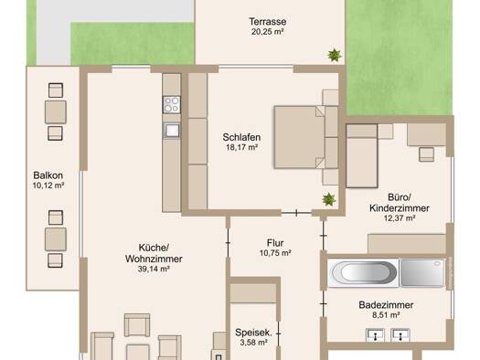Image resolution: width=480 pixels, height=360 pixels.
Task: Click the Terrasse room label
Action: click(x=268, y=22)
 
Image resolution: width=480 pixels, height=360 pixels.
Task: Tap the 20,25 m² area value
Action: click(x=267, y=32)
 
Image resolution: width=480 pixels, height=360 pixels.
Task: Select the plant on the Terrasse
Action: click(x=335, y=56)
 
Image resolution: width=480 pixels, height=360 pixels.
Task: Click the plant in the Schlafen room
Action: click(x=329, y=199)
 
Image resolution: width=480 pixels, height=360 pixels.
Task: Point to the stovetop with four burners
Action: click(x=172, y=104)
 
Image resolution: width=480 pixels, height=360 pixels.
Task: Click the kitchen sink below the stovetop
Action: click(x=172, y=131)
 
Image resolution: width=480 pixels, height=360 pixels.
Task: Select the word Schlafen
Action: click(x=241, y=137)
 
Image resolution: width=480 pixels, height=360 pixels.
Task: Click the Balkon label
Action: click(x=48, y=175)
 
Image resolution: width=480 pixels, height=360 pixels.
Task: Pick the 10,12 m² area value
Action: click(x=48, y=185)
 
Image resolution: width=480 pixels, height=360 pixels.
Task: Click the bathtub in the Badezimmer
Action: click(x=363, y=273)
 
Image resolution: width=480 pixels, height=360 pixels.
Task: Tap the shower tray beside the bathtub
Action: click(x=422, y=273)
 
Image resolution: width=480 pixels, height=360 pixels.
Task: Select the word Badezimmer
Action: click(x=386, y=305)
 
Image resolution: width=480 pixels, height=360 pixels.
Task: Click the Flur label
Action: click(x=275, y=243)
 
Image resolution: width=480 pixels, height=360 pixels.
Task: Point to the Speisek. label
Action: click(x=253, y=333)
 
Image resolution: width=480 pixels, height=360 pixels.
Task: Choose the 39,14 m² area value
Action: click(x=154, y=269)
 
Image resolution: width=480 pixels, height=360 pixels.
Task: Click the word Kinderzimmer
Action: click(x=400, y=208)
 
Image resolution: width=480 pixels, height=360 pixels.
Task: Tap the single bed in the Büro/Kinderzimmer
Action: click(x=362, y=155)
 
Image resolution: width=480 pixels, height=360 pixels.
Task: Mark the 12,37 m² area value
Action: click(x=400, y=218)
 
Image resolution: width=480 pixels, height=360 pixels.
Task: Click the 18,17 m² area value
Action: click(x=241, y=147)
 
